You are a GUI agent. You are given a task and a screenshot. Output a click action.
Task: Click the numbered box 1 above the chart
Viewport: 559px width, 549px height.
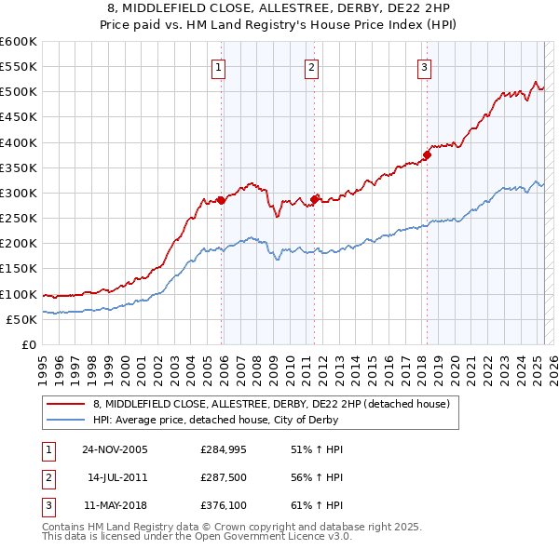click(218, 67)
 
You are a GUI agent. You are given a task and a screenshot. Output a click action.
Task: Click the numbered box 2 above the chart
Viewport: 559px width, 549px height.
click(310, 67)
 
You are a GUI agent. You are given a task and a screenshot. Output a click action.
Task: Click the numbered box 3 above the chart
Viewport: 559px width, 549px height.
click(424, 67)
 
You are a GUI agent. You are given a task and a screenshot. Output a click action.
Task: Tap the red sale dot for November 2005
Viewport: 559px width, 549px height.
click(222, 200)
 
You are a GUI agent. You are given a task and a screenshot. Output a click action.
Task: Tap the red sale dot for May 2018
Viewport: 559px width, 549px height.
click(427, 154)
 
